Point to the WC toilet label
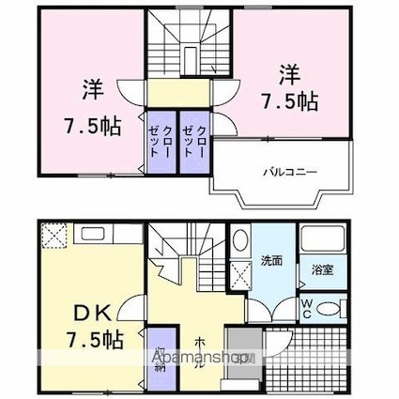[x=308, y=308]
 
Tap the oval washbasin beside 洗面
[x=239, y=241]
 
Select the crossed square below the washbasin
[x=240, y=278]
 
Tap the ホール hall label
[x=201, y=353]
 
